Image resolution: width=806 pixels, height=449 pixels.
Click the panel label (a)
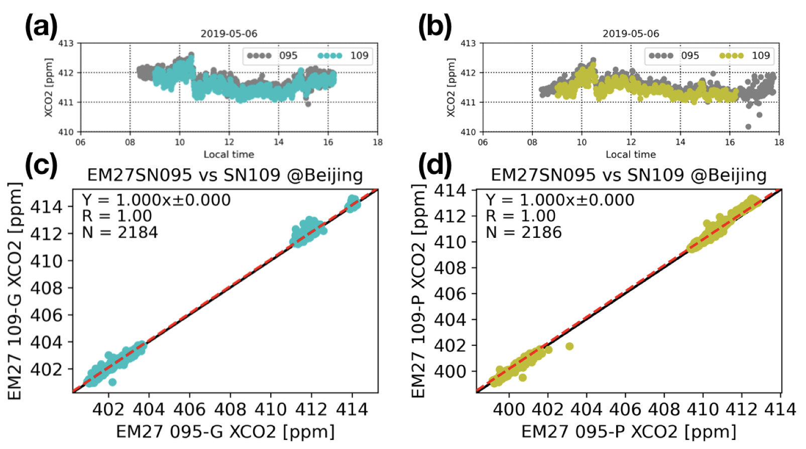[x=41, y=27]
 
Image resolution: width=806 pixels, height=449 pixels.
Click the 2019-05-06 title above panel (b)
[x=631, y=34]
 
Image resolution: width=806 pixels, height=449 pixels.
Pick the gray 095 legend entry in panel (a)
[x=272, y=55]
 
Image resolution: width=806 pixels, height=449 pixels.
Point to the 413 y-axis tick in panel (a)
[x=66, y=43]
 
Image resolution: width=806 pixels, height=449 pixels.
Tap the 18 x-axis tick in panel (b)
[x=779, y=142]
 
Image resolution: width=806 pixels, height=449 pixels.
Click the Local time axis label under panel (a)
[x=228, y=154]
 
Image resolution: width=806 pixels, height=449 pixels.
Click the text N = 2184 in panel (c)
[x=120, y=232]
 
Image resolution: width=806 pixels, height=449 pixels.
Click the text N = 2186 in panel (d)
[x=524, y=232]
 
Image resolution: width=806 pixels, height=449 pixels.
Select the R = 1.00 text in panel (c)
[x=117, y=216]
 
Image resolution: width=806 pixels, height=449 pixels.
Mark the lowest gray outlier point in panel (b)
[x=748, y=127]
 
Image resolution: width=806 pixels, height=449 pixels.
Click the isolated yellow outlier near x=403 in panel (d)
[x=569, y=346]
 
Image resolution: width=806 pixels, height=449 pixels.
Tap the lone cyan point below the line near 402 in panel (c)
[x=112, y=382]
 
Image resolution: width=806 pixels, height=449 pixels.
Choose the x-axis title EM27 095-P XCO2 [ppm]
[x=629, y=431]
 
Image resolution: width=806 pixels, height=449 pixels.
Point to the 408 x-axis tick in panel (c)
[x=230, y=409]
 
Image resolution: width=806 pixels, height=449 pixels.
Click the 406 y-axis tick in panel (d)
[x=450, y=294]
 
